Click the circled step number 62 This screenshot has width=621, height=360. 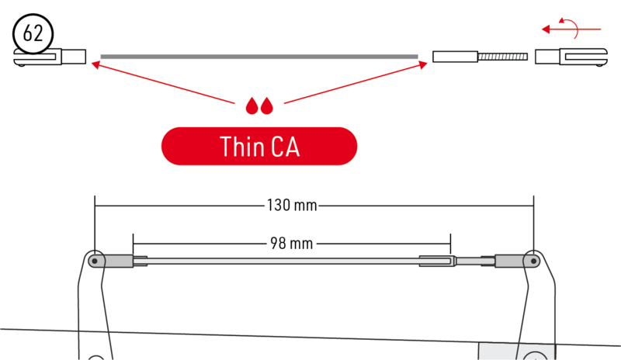33,33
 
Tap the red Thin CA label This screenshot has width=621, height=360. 259,146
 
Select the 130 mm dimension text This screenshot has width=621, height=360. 292,205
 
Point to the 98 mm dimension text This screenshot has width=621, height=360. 292,243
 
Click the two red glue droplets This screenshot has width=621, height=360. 259,106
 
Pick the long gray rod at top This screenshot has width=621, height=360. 259,57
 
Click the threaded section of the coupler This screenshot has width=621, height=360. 502,57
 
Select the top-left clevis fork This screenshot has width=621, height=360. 50,57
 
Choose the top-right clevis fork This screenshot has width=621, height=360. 571,57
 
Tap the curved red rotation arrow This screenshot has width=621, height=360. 570,28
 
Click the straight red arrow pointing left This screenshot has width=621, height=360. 571,29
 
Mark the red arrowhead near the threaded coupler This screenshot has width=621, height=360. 423,64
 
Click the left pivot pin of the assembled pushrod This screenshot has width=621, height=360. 95,261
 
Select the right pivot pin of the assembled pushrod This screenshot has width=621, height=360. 533,261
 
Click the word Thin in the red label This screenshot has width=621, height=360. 242,147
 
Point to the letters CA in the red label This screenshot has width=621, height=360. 285,147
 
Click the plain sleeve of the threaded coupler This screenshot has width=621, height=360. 455,57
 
